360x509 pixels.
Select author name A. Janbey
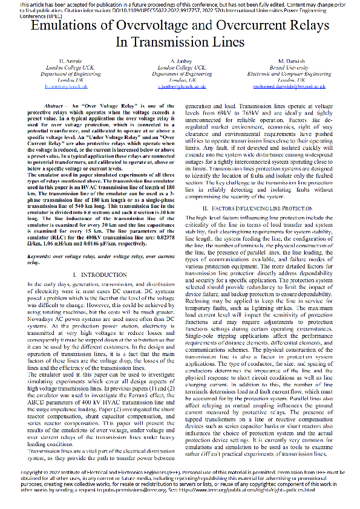pyautogui.click(x=180, y=62)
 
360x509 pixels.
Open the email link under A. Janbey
pyautogui.click(x=180, y=86)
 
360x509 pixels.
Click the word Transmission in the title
pyautogui.click(x=174, y=43)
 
